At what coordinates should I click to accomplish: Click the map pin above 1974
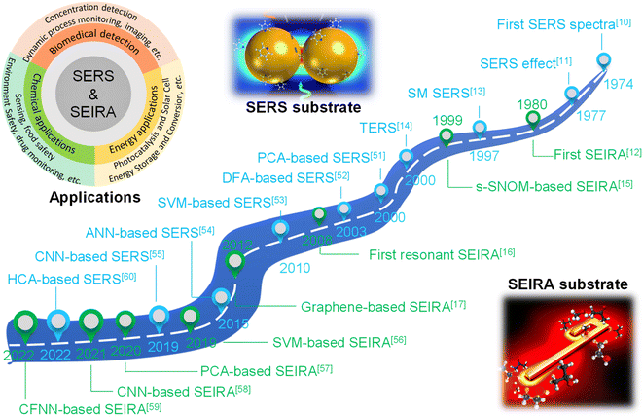(x=603, y=60)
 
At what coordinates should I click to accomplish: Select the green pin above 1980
(x=533, y=119)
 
